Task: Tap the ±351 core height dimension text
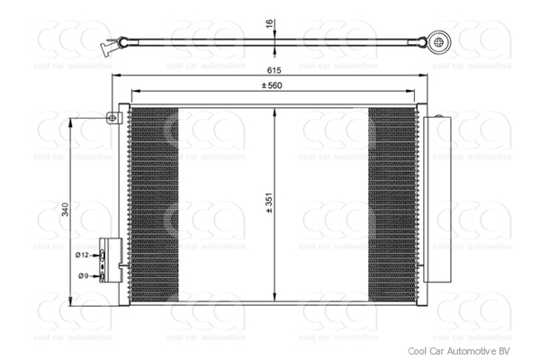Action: [x=267, y=204]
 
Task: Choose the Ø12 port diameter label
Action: [x=82, y=256]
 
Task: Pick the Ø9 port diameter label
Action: [x=82, y=275]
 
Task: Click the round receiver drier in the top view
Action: [x=440, y=40]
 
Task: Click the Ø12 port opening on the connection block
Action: [x=103, y=256]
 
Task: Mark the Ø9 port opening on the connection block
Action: [x=103, y=275]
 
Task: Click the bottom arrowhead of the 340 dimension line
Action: [x=73, y=294]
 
